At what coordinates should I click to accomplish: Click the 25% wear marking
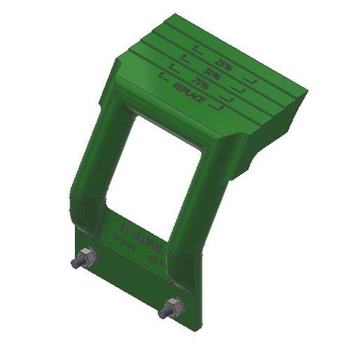pos(223,64)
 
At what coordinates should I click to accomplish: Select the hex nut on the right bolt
pos(172,307)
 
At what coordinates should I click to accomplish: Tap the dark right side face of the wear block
pos(270,131)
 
